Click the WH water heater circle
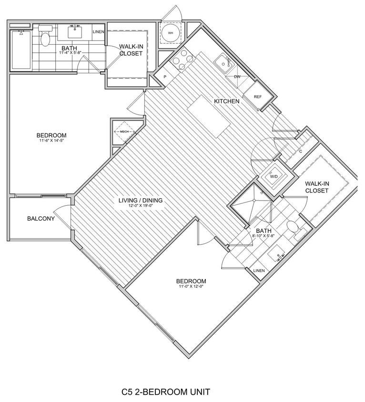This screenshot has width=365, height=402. (170, 33)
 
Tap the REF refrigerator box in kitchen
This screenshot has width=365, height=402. (258, 96)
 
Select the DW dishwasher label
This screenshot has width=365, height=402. (237, 76)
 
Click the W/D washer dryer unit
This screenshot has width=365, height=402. (274, 177)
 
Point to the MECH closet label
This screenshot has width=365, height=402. (124, 131)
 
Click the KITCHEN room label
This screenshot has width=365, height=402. (226, 101)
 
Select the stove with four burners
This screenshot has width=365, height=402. (183, 61)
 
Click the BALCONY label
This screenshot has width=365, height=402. (41, 219)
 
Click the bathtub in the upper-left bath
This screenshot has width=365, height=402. (21, 50)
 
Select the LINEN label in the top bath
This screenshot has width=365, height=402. (98, 31)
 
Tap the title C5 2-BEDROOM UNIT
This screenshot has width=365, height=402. (165, 392)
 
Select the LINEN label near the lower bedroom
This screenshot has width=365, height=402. (259, 271)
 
